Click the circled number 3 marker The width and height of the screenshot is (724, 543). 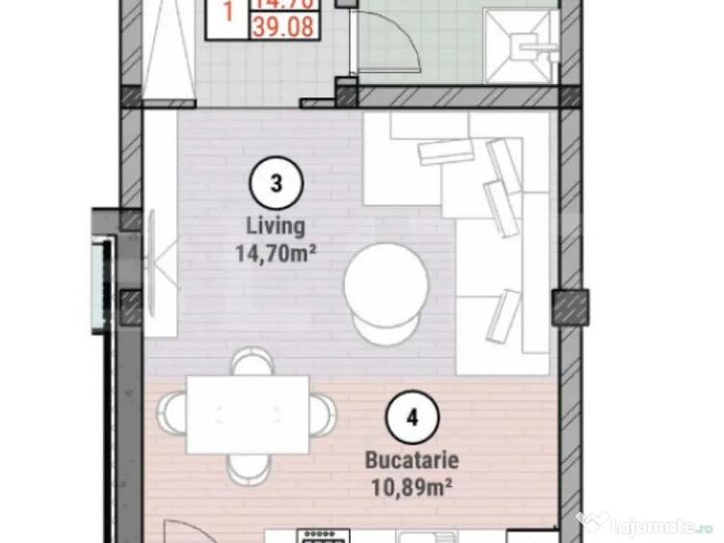point(277,184)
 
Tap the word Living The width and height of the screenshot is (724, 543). point(277,228)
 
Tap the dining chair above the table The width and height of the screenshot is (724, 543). point(249,363)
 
